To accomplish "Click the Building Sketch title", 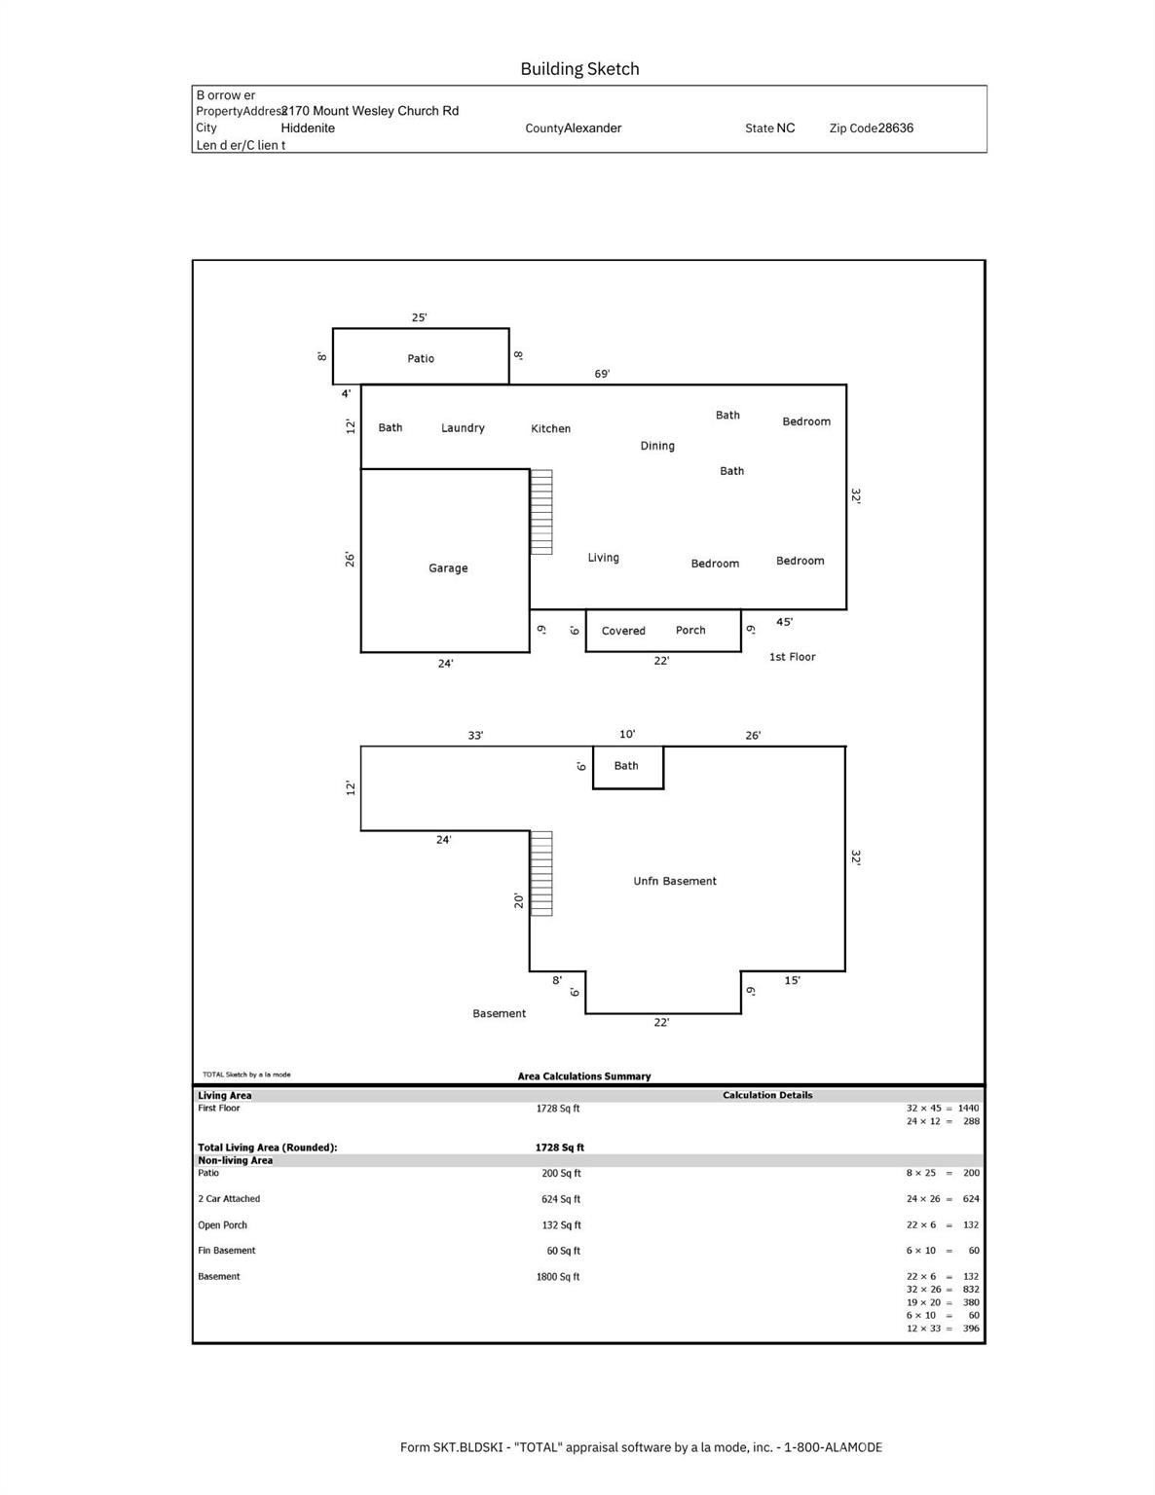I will pyautogui.click(x=579, y=69).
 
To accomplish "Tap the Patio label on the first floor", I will pyautogui.click(x=421, y=358).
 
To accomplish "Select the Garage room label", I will pyautogui.click(x=448, y=568).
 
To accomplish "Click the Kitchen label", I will pyautogui.click(x=550, y=428).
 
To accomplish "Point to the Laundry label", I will pyautogui.click(x=463, y=428).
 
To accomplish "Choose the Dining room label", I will pyautogui.click(x=657, y=446).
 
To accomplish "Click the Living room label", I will pyautogui.click(x=603, y=558).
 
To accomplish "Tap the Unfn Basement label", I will pyautogui.click(x=675, y=881).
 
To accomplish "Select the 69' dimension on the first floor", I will pyautogui.click(x=602, y=374).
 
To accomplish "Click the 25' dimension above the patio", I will pyautogui.click(x=419, y=317).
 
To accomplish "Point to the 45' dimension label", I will pyautogui.click(x=784, y=622).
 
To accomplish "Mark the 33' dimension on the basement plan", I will pyautogui.click(x=475, y=736).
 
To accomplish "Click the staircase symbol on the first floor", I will pyautogui.click(x=541, y=512).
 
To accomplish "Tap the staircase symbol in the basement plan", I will pyautogui.click(x=541, y=873).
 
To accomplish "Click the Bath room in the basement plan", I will pyautogui.click(x=627, y=767).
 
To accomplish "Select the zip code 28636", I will pyautogui.click(x=895, y=128).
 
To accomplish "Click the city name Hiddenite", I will pyautogui.click(x=308, y=128).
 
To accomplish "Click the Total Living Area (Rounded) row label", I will pyautogui.click(x=268, y=1148).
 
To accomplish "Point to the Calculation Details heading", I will pyautogui.click(x=767, y=1095).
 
